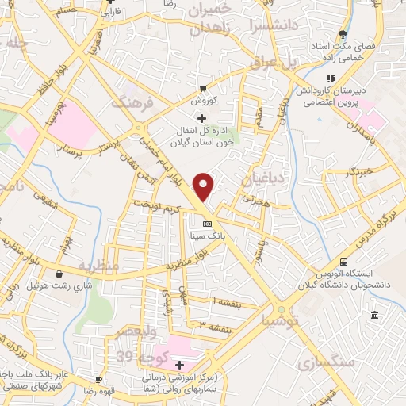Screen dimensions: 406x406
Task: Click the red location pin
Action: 205,186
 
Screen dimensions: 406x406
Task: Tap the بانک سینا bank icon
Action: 207,223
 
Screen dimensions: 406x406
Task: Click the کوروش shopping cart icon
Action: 204,88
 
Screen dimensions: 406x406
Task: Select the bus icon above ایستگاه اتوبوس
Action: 343,262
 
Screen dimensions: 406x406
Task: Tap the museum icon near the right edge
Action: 374,316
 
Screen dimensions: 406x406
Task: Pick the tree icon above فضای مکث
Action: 343,34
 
